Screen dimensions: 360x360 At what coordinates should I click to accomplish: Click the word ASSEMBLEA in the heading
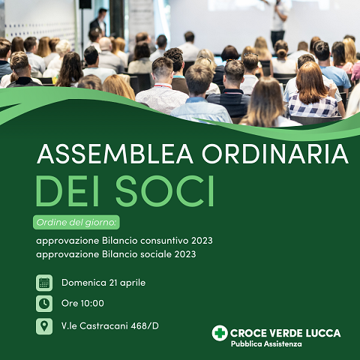pyautogui.click(x=115, y=154)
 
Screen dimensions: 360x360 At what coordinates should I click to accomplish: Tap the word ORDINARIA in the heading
pyautogui.click(x=275, y=154)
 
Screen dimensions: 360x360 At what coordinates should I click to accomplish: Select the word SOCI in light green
pyautogui.click(x=165, y=190)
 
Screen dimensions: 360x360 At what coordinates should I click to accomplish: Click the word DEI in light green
pyautogui.click(x=67, y=190)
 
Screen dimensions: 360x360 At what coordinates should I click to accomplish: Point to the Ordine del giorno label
pyautogui.click(x=76, y=222)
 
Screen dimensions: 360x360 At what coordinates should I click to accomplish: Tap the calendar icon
pyautogui.click(x=44, y=283)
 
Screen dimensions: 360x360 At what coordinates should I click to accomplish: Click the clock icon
pyautogui.click(x=44, y=304)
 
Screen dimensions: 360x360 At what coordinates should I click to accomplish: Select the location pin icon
pyautogui.click(x=44, y=326)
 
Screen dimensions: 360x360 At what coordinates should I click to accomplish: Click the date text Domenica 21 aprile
pyautogui.click(x=103, y=283)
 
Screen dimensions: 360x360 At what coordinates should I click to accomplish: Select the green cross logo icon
pyautogui.click(x=220, y=333)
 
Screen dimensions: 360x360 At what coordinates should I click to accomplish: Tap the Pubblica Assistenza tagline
pyautogui.click(x=266, y=344)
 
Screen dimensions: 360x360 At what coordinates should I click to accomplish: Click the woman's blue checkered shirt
pyautogui.click(x=313, y=106)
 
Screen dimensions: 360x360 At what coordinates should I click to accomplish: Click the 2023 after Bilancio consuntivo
pyautogui.click(x=202, y=241)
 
